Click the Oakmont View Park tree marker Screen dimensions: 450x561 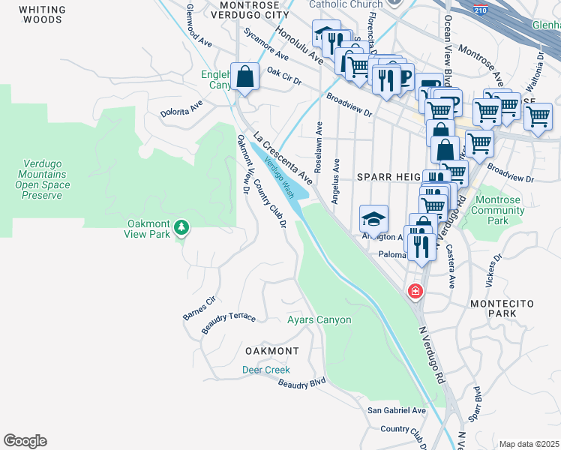point(180,227)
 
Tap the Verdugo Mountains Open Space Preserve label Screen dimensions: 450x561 point(42,175)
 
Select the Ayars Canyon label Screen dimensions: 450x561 point(319,320)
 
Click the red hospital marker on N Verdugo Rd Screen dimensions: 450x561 point(414,291)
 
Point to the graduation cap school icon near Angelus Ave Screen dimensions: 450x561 point(373,219)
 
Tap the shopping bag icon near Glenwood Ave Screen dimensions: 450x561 point(245,76)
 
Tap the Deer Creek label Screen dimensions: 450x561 point(265,370)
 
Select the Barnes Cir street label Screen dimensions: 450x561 point(199,308)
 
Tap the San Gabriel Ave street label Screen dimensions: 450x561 point(396,410)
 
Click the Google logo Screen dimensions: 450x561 point(25,441)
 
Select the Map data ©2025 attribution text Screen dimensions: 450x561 point(529,444)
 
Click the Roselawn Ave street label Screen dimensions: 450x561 point(319,145)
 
